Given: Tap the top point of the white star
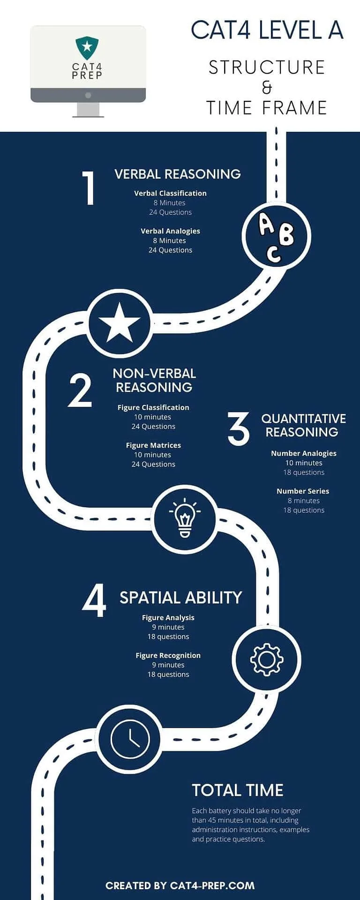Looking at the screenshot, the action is (120, 302).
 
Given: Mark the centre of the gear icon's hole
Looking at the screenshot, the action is (266, 660).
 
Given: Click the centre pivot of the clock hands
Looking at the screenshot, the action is (130, 739).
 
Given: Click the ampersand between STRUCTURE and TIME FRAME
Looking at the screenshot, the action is (267, 87).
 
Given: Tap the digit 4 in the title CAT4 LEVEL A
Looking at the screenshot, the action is (246, 30).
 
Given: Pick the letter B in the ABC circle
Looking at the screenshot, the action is (286, 234).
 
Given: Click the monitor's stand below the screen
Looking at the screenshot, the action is (88, 110).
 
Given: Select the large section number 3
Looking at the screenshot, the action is (239, 428).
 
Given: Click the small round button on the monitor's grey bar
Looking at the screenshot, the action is (88, 95).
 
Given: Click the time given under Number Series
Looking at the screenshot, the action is (304, 501).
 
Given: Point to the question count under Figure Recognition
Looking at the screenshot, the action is (168, 675).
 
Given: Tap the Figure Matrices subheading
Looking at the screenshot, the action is (153, 445).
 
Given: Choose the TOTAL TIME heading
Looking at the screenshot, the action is (238, 790).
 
